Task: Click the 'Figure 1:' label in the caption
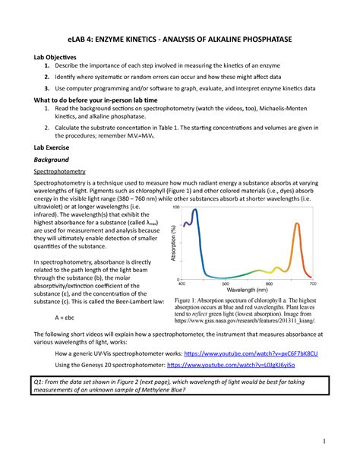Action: [x=189, y=300]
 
